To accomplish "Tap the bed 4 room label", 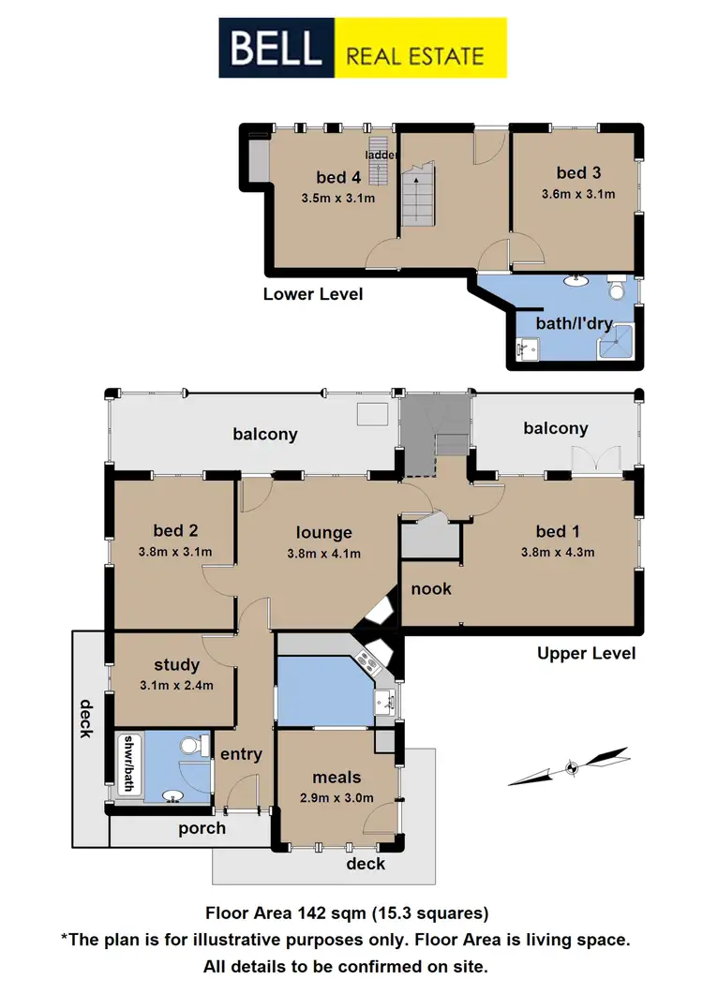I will click(338, 177).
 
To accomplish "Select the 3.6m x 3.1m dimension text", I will click(578, 195).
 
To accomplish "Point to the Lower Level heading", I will click(312, 294).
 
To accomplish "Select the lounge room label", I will click(324, 533).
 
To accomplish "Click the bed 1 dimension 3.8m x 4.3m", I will click(558, 552).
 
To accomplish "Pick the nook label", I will click(431, 588).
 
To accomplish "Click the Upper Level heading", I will click(587, 653).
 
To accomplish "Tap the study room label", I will click(177, 665).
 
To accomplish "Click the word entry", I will click(240, 754).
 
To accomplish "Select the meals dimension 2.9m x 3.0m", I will click(337, 798).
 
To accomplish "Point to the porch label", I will click(202, 828).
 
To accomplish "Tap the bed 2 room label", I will click(175, 530).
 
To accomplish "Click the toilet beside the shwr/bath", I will click(192, 747).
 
